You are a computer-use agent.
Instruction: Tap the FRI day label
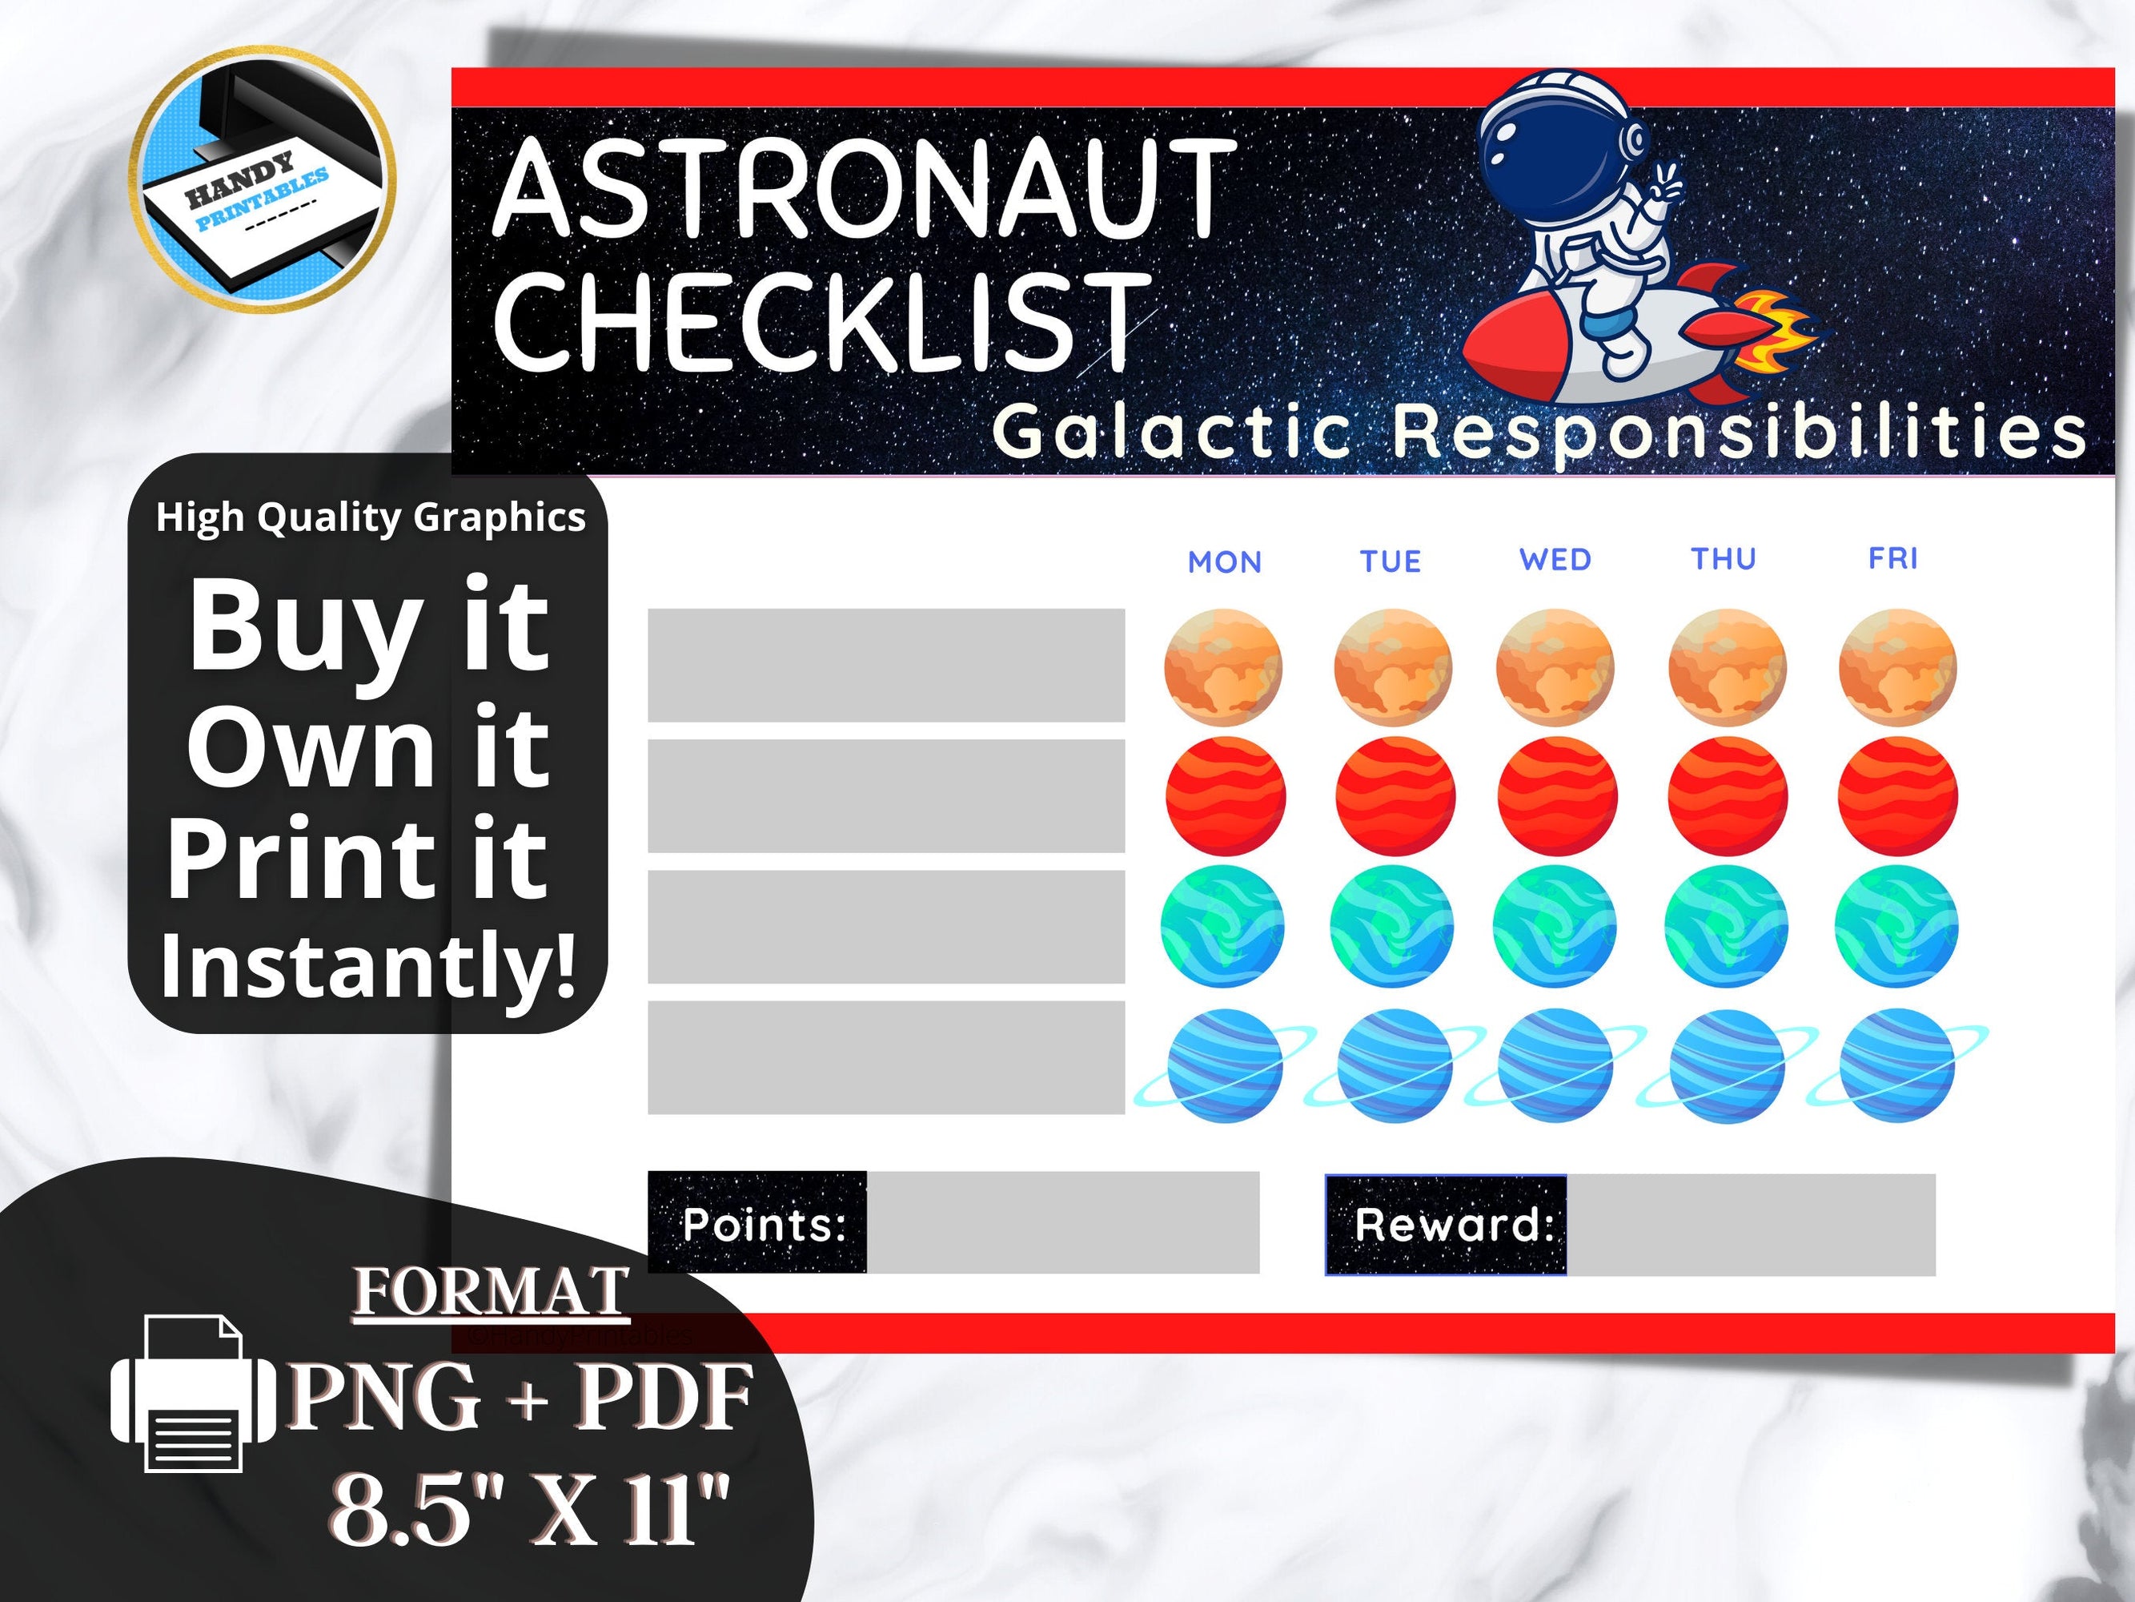pos(1892,558)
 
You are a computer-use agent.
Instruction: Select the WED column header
pos(1555,560)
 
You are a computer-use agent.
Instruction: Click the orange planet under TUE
pos(1393,667)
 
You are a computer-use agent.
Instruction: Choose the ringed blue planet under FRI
pos(1896,1065)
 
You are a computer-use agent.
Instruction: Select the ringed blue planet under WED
pos(1555,1065)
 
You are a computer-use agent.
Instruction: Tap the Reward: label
pos(1453,1225)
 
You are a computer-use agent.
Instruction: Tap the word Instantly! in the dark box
pos(367,966)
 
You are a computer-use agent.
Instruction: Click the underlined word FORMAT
pos(492,1292)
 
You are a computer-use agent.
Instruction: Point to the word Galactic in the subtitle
pos(1171,432)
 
